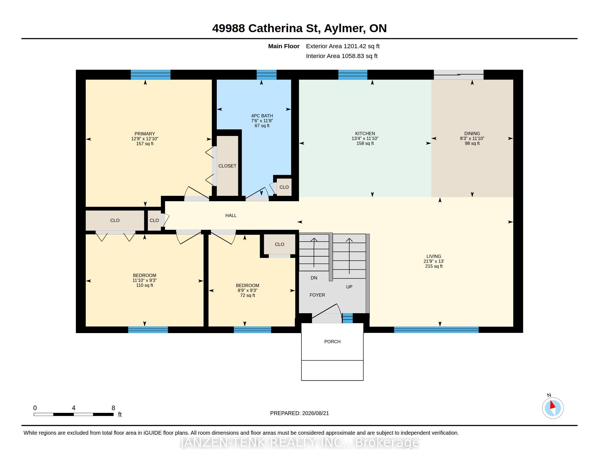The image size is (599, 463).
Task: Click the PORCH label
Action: [x=332, y=342]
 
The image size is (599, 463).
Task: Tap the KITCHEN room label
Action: [x=365, y=133]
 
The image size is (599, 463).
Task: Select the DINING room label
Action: [x=472, y=133]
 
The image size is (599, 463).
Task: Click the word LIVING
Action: [x=434, y=256]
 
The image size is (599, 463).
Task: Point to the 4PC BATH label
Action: [x=262, y=116]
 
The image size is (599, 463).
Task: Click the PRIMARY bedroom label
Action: [x=145, y=134]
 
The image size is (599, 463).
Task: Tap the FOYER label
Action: [x=317, y=295]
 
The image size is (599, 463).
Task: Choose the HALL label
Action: [x=231, y=215]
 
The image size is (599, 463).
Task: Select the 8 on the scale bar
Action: [x=113, y=408]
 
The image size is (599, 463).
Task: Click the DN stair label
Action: [x=314, y=278]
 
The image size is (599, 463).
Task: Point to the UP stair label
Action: [x=349, y=287]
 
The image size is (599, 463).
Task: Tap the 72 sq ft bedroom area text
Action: [x=247, y=295]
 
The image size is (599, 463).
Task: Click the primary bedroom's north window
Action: [x=151, y=75]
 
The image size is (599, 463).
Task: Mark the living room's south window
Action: [x=436, y=330]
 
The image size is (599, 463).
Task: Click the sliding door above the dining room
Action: [x=458, y=75]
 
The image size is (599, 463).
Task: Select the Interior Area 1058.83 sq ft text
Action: [x=342, y=56]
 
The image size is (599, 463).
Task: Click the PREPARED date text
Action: [x=299, y=413]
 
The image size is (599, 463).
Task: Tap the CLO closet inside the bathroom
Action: [x=284, y=187]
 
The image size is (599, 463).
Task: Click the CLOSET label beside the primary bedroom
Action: [x=227, y=166]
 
